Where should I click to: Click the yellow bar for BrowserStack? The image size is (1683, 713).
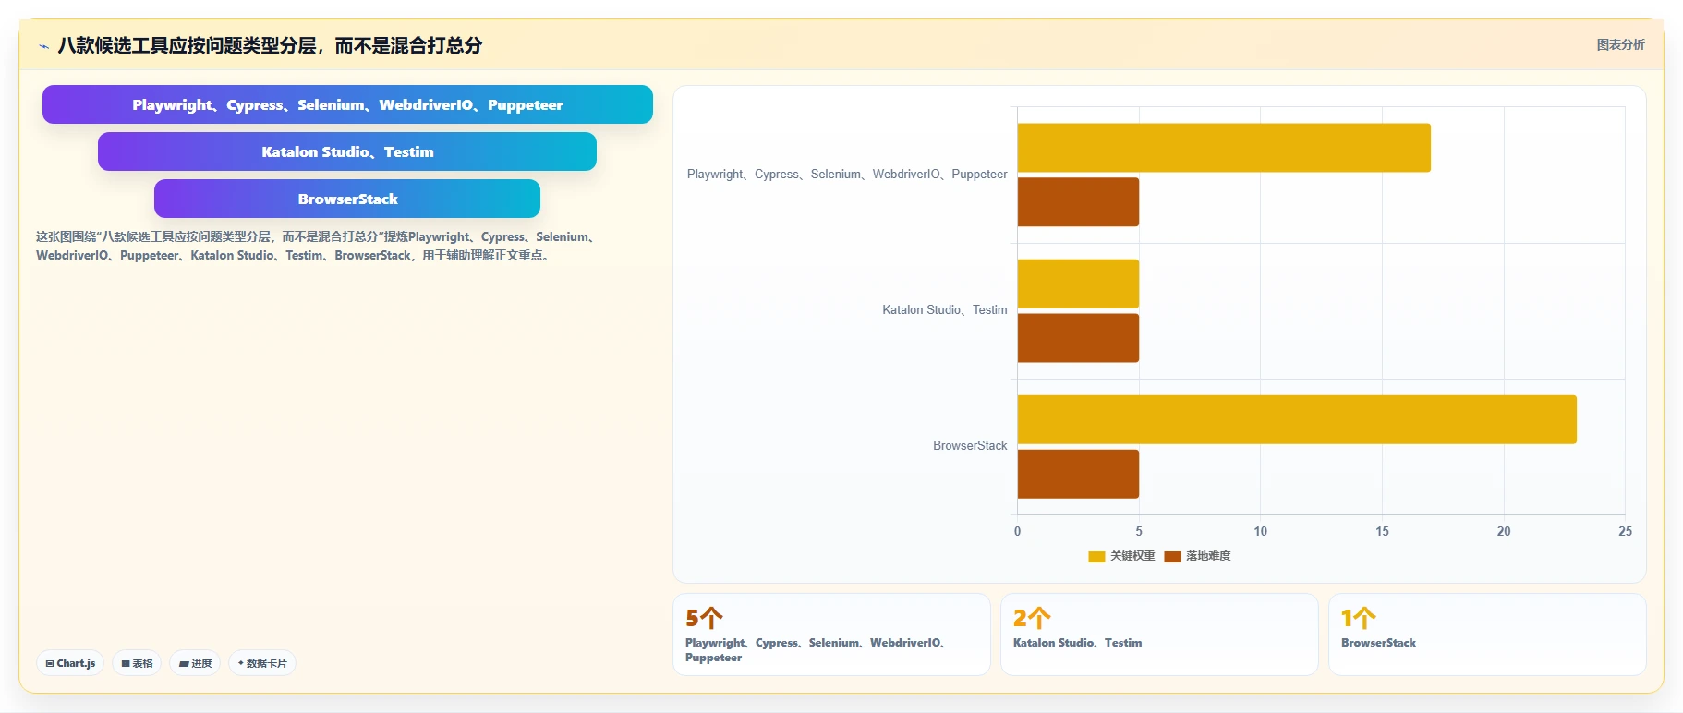click(1297, 419)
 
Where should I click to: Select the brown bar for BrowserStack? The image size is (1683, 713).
click(1078, 474)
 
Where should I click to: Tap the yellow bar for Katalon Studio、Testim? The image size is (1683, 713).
click(1078, 284)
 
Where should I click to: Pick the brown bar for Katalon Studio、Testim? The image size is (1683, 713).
click(1078, 338)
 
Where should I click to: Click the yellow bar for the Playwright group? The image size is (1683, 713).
click(1224, 148)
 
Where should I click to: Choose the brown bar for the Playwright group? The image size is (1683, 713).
click(1078, 202)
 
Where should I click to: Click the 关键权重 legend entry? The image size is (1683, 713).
click(1121, 556)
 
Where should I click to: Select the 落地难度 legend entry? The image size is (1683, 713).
click(1197, 556)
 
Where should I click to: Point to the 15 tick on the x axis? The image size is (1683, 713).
click(1382, 531)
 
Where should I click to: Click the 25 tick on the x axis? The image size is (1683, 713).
click(1625, 531)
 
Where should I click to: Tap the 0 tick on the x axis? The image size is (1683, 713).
click(1018, 531)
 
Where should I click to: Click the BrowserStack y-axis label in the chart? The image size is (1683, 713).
click(970, 445)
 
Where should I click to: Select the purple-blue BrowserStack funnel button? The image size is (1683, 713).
click(347, 199)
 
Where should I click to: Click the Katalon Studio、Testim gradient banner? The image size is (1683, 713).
click(347, 151)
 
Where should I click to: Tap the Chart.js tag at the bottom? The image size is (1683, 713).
click(70, 663)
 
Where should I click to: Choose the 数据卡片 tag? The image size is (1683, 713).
click(262, 663)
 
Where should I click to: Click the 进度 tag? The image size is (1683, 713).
click(195, 663)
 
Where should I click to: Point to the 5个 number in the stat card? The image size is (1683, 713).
click(704, 618)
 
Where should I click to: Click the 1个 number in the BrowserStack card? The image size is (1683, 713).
click(1359, 618)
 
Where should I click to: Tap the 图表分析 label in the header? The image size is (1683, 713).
click(1621, 44)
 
